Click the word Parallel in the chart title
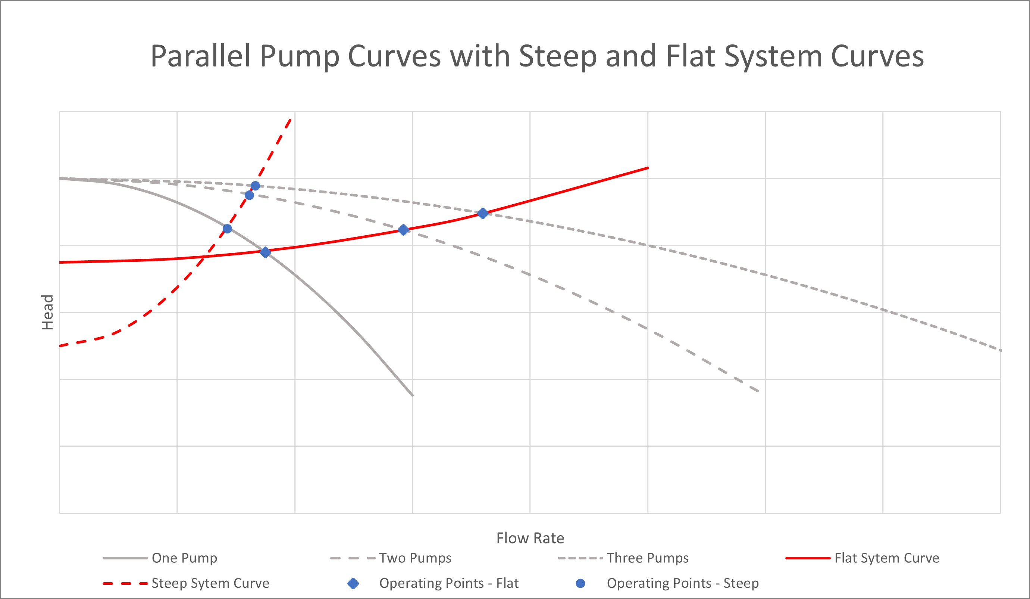[x=200, y=56]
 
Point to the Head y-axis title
[x=47, y=312]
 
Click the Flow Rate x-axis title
[x=530, y=538]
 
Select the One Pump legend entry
[x=184, y=558]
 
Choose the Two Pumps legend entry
[x=415, y=558]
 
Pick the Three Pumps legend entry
[x=647, y=558]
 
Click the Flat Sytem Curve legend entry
[x=886, y=558]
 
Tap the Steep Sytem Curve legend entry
[x=210, y=583]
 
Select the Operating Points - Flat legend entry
[x=448, y=583]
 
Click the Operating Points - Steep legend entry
[x=683, y=583]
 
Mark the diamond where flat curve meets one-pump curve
[x=265, y=252]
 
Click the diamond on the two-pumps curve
[x=403, y=230]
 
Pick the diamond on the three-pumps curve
[x=483, y=214]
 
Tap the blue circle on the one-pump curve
[x=228, y=229]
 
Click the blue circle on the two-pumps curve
[x=249, y=195]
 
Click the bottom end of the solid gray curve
[x=412, y=395]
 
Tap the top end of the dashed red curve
[x=290, y=120]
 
